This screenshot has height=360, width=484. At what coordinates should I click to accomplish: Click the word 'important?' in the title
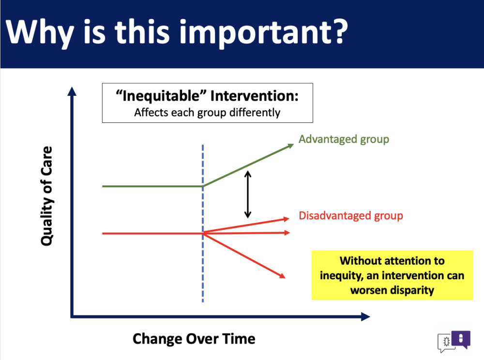coord(263,33)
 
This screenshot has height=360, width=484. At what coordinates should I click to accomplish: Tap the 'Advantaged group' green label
coord(344,139)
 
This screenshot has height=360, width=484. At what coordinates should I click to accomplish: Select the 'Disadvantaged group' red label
coord(351,216)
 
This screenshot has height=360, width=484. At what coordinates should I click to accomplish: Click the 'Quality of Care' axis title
coord(46,196)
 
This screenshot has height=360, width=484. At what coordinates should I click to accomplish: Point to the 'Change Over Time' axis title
coord(194,339)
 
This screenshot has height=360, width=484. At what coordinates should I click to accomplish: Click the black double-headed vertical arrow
coord(247,195)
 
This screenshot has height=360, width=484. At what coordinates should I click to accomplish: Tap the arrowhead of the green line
coord(290,146)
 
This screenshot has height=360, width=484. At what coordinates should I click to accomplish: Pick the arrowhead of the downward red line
coord(282,275)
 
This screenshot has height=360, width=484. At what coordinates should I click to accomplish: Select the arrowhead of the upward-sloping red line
coord(286,219)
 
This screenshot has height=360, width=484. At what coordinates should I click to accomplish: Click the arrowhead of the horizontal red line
coord(287,233)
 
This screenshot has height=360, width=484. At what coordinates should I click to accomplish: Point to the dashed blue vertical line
coord(203,224)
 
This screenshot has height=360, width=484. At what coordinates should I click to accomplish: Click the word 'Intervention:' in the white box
coord(255,96)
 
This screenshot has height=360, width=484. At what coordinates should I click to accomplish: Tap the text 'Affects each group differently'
coord(207,113)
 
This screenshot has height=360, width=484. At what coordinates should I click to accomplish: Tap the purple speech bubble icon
coord(461,340)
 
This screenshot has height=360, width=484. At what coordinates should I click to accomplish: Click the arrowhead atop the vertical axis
coord(72,91)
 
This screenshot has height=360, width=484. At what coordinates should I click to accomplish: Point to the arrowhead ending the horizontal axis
coord(365,316)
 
